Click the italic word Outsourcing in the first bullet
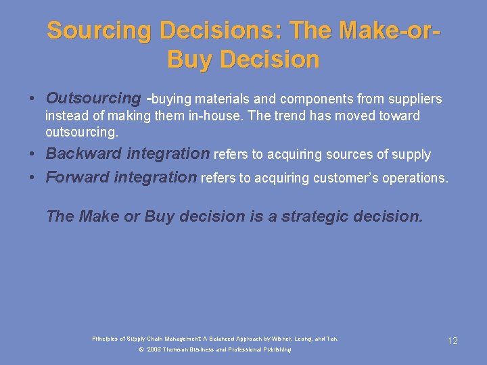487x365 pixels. coord(93,99)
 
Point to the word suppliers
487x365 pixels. coord(413,99)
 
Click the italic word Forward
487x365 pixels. coord(76,177)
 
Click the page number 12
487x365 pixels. coord(453,341)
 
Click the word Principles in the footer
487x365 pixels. coord(106,339)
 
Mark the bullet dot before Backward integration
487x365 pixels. coord(33,154)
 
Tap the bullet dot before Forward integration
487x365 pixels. coord(33,178)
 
